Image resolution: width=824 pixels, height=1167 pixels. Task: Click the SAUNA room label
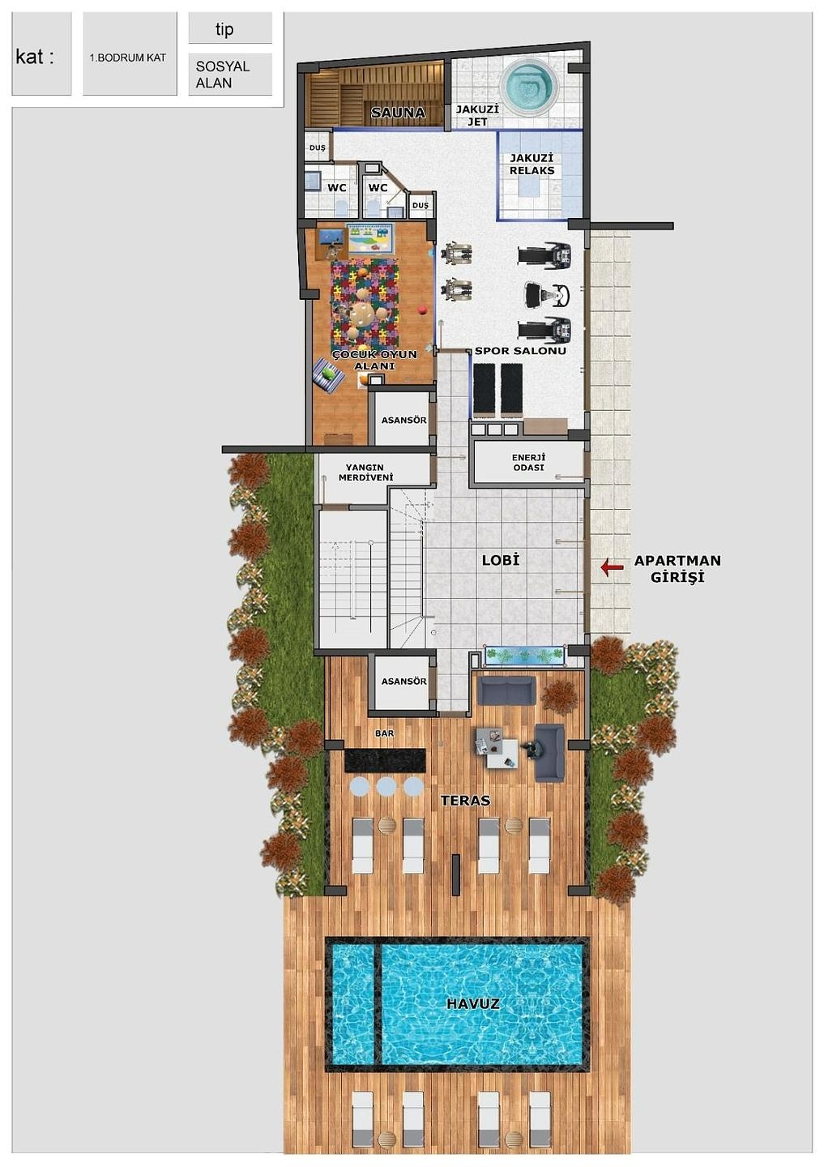click(x=398, y=113)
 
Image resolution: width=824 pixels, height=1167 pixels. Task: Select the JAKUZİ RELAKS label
click(x=532, y=164)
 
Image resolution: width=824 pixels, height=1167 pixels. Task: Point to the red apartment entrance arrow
click(x=612, y=566)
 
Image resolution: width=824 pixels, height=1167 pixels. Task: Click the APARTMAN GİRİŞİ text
click(x=677, y=568)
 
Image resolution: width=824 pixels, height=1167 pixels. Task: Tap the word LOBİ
click(x=501, y=561)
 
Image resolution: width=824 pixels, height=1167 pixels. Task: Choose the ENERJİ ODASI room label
click(x=528, y=463)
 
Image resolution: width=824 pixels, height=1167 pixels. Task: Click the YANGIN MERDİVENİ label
click(x=366, y=472)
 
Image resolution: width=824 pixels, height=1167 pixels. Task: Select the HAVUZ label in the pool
click(x=473, y=1003)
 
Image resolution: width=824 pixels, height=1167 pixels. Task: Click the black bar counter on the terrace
click(x=385, y=760)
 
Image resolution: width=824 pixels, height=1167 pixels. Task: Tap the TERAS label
click(x=466, y=800)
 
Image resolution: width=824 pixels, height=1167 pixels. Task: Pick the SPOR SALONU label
click(x=520, y=351)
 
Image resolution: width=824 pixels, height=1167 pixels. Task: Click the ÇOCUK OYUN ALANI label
click(x=374, y=360)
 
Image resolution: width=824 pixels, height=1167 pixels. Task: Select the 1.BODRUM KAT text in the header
click(x=128, y=58)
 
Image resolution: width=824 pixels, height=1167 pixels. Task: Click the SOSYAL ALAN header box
click(x=230, y=74)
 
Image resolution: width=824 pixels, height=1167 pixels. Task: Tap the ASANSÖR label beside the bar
click(x=403, y=681)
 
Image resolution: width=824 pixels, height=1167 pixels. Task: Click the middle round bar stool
click(x=386, y=785)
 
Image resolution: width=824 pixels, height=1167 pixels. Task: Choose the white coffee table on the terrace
click(x=502, y=754)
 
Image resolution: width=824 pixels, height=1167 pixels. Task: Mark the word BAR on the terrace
click(x=384, y=733)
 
